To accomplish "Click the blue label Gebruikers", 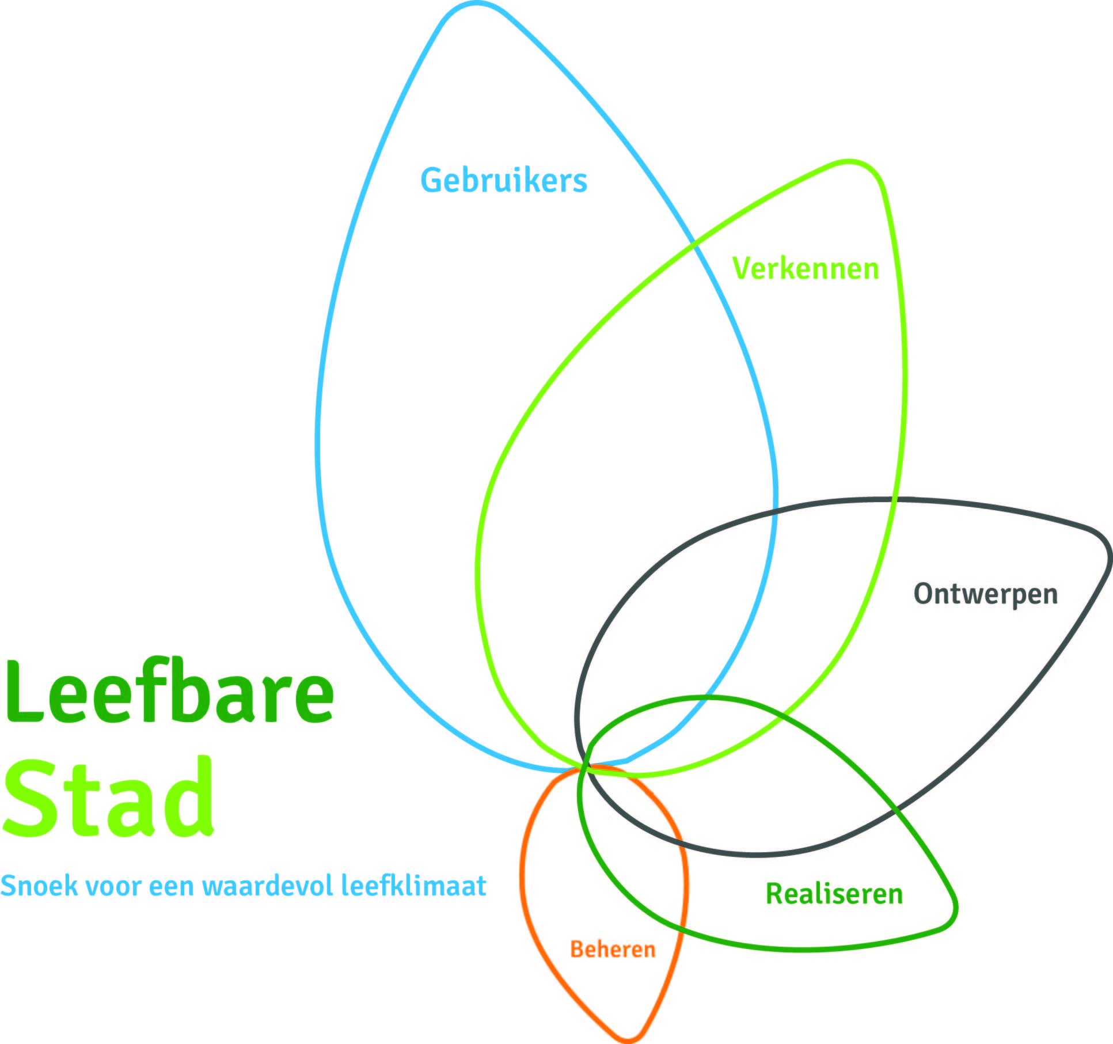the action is pyautogui.click(x=504, y=180).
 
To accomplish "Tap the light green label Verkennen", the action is pyautogui.click(x=806, y=268).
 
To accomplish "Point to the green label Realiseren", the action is pyautogui.click(x=834, y=894).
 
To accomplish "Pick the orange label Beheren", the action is pyautogui.click(x=613, y=949).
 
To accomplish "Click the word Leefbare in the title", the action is pyautogui.click(x=169, y=691).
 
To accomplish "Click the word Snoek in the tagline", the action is pyautogui.click(x=39, y=886).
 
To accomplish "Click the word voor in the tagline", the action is pyautogui.click(x=113, y=888).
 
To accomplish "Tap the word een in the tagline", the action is pyautogui.click(x=172, y=888).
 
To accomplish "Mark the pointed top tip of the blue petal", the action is pyautogui.click(x=477, y=3).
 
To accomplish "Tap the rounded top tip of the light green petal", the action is pyautogui.click(x=849, y=162).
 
